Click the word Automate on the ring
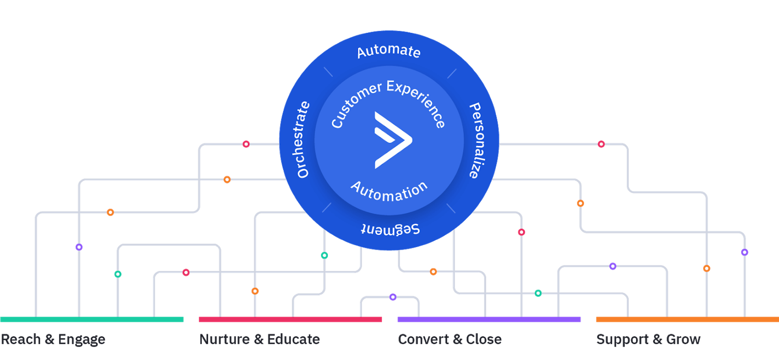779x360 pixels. [389, 51]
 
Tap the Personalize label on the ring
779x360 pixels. [476, 140]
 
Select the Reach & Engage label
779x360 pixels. [53, 339]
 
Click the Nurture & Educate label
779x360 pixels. [260, 339]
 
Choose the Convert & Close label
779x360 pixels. [450, 339]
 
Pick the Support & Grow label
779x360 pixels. [648, 339]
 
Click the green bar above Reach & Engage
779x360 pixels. [92, 319]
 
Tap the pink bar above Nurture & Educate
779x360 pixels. [290, 319]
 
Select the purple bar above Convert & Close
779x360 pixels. [489, 319]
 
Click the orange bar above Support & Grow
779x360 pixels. [687, 319]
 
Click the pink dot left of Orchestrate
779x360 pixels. [246, 144]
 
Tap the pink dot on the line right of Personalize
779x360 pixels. [601, 144]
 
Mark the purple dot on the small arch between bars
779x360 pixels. [393, 297]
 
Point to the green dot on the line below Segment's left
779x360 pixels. [325, 255]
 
